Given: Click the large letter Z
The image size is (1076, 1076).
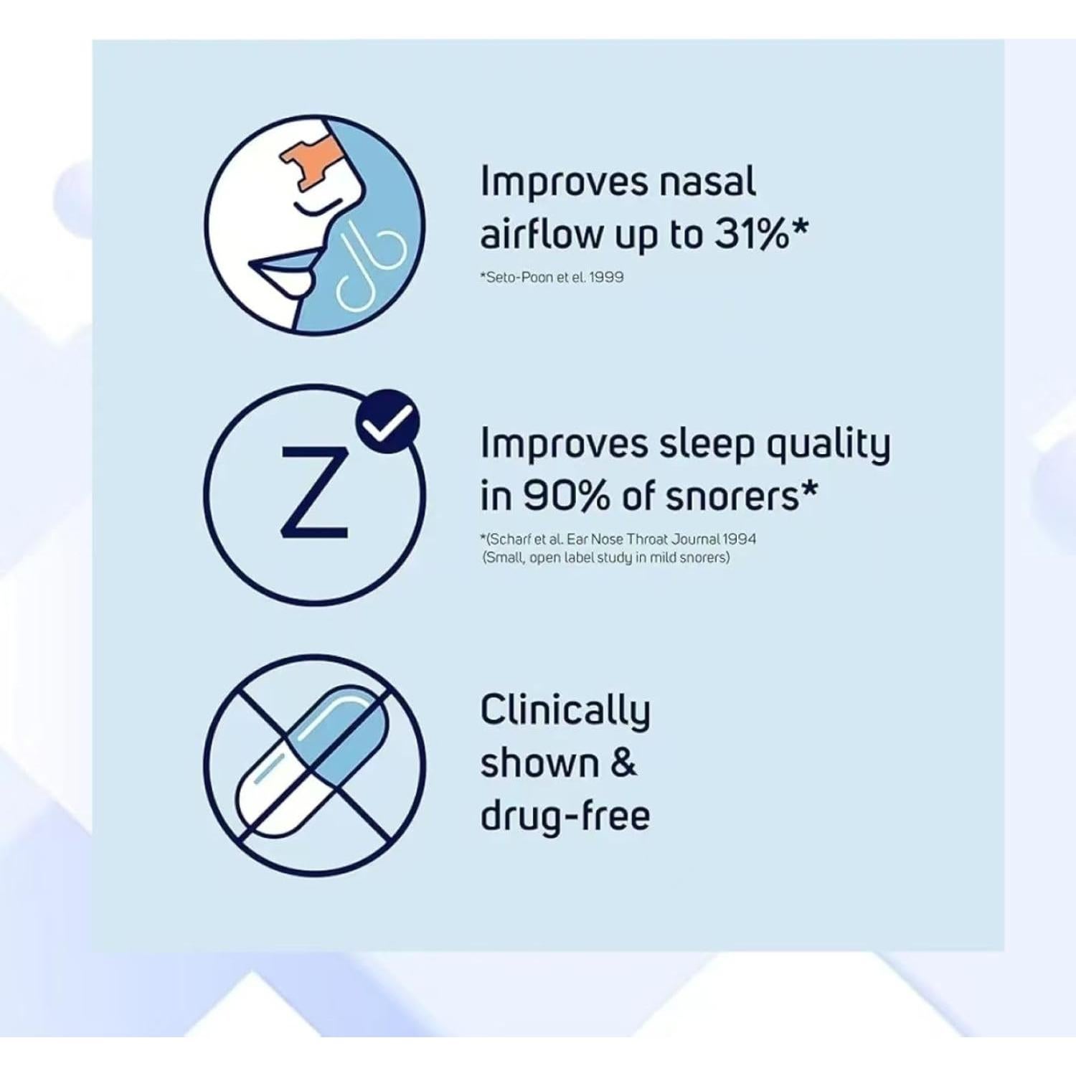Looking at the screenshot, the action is [x=314, y=492].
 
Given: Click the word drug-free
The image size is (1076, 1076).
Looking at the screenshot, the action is [x=565, y=815].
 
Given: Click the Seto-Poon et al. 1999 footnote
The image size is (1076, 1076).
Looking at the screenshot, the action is [x=552, y=277].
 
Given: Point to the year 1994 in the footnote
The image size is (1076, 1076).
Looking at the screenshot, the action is [x=740, y=539].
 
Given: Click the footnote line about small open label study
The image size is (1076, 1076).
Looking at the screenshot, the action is [x=606, y=557].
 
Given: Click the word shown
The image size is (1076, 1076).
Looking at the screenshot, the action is [x=539, y=763].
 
